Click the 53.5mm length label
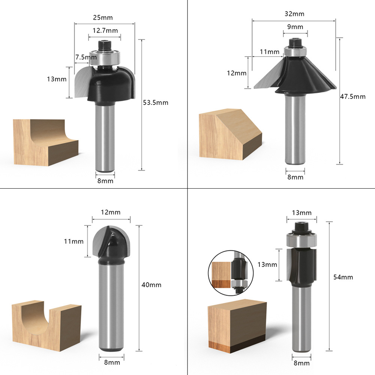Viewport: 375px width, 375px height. [x=156, y=103]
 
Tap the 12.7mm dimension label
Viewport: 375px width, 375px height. [x=105, y=31]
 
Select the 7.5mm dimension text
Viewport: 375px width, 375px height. [x=86, y=57]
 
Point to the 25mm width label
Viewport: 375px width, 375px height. [x=103, y=18]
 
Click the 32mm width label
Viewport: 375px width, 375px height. [x=294, y=14]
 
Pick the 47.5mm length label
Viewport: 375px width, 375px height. [x=353, y=97]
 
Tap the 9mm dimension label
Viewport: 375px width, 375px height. [x=295, y=27]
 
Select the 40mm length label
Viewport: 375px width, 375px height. [x=151, y=285]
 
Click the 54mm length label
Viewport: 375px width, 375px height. [x=343, y=277]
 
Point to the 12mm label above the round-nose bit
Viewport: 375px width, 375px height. [x=111, y=212]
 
